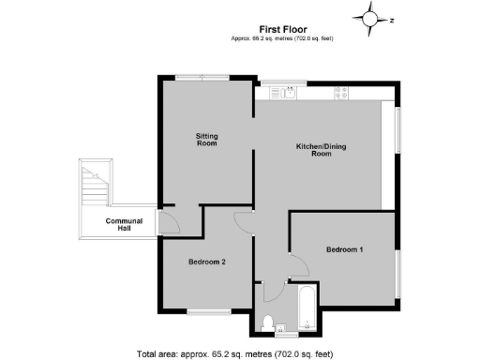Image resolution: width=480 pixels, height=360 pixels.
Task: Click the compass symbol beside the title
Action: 371,18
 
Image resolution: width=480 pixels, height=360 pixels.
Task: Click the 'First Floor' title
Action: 282,28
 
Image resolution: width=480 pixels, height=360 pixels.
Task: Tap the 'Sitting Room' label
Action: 206,141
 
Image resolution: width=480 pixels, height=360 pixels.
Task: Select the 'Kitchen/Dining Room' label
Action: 321,150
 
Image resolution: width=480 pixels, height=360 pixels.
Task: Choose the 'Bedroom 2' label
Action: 206,262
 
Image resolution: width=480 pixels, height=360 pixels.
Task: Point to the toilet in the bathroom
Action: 268,323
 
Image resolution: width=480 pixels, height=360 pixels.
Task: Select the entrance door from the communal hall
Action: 170,223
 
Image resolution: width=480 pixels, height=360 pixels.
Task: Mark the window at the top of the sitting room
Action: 206,78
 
